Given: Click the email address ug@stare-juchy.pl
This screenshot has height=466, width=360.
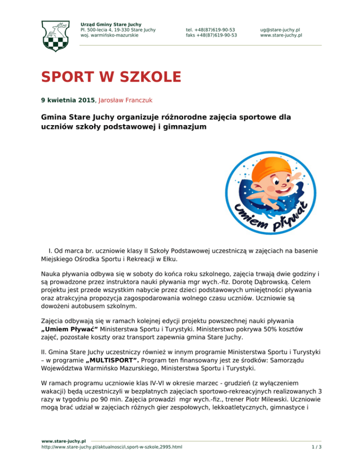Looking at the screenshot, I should (x=279, y=29).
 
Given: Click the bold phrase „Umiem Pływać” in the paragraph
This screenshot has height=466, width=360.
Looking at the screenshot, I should (x=65, y=329).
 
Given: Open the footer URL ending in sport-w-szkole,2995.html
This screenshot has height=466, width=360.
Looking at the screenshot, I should (x=112, y=447).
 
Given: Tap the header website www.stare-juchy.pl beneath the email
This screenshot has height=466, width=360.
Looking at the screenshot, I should (x=281, y=35).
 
